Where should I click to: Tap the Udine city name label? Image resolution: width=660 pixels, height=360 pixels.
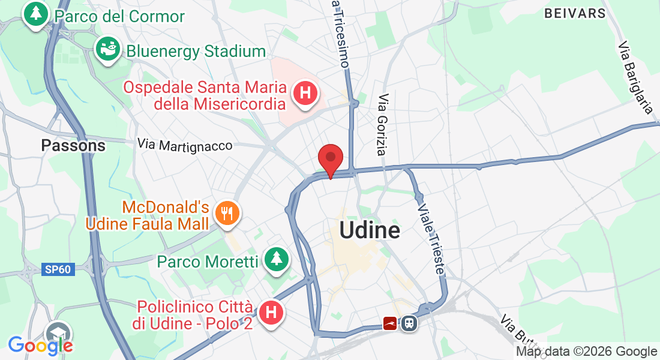coord(370,230)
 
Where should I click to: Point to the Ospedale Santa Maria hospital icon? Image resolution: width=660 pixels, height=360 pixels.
coord(305,94)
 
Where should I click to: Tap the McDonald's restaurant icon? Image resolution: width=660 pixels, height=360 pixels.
coord(227,214)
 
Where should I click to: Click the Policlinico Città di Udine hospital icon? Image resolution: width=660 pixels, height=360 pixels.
coord(271,312)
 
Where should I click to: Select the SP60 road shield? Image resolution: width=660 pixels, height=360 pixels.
coord(58,269)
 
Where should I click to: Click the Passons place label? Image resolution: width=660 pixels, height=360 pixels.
coord(73,145)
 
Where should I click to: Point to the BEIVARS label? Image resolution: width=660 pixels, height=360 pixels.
coord(575,13)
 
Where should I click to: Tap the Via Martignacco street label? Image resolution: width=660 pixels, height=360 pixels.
coord(184,145)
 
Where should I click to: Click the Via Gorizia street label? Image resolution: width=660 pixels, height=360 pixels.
coord(385,125)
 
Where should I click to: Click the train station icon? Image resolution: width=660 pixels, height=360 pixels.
coord(410,323)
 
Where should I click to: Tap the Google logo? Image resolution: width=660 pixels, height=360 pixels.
coord(40,345)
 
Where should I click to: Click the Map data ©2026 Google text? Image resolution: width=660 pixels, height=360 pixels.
coord(587,352)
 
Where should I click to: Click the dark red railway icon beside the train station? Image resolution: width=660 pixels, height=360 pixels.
coord(392,323)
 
